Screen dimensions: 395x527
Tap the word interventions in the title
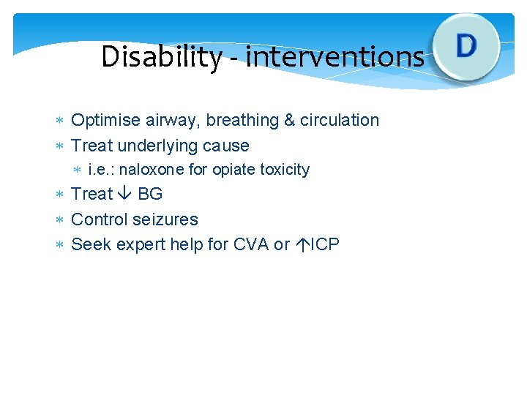coord(334,56)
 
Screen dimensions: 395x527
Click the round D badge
coord(466,46)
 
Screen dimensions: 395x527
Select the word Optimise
coord(103,121)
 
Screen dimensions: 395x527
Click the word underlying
coord(156,146)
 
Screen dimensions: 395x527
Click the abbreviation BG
coord(150,195)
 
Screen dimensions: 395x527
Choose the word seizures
coord(165,219)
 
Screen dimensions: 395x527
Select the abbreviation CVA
coord(251,244)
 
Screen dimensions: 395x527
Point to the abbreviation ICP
coord(324,244)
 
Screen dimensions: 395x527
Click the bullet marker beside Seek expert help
coord(61,244)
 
